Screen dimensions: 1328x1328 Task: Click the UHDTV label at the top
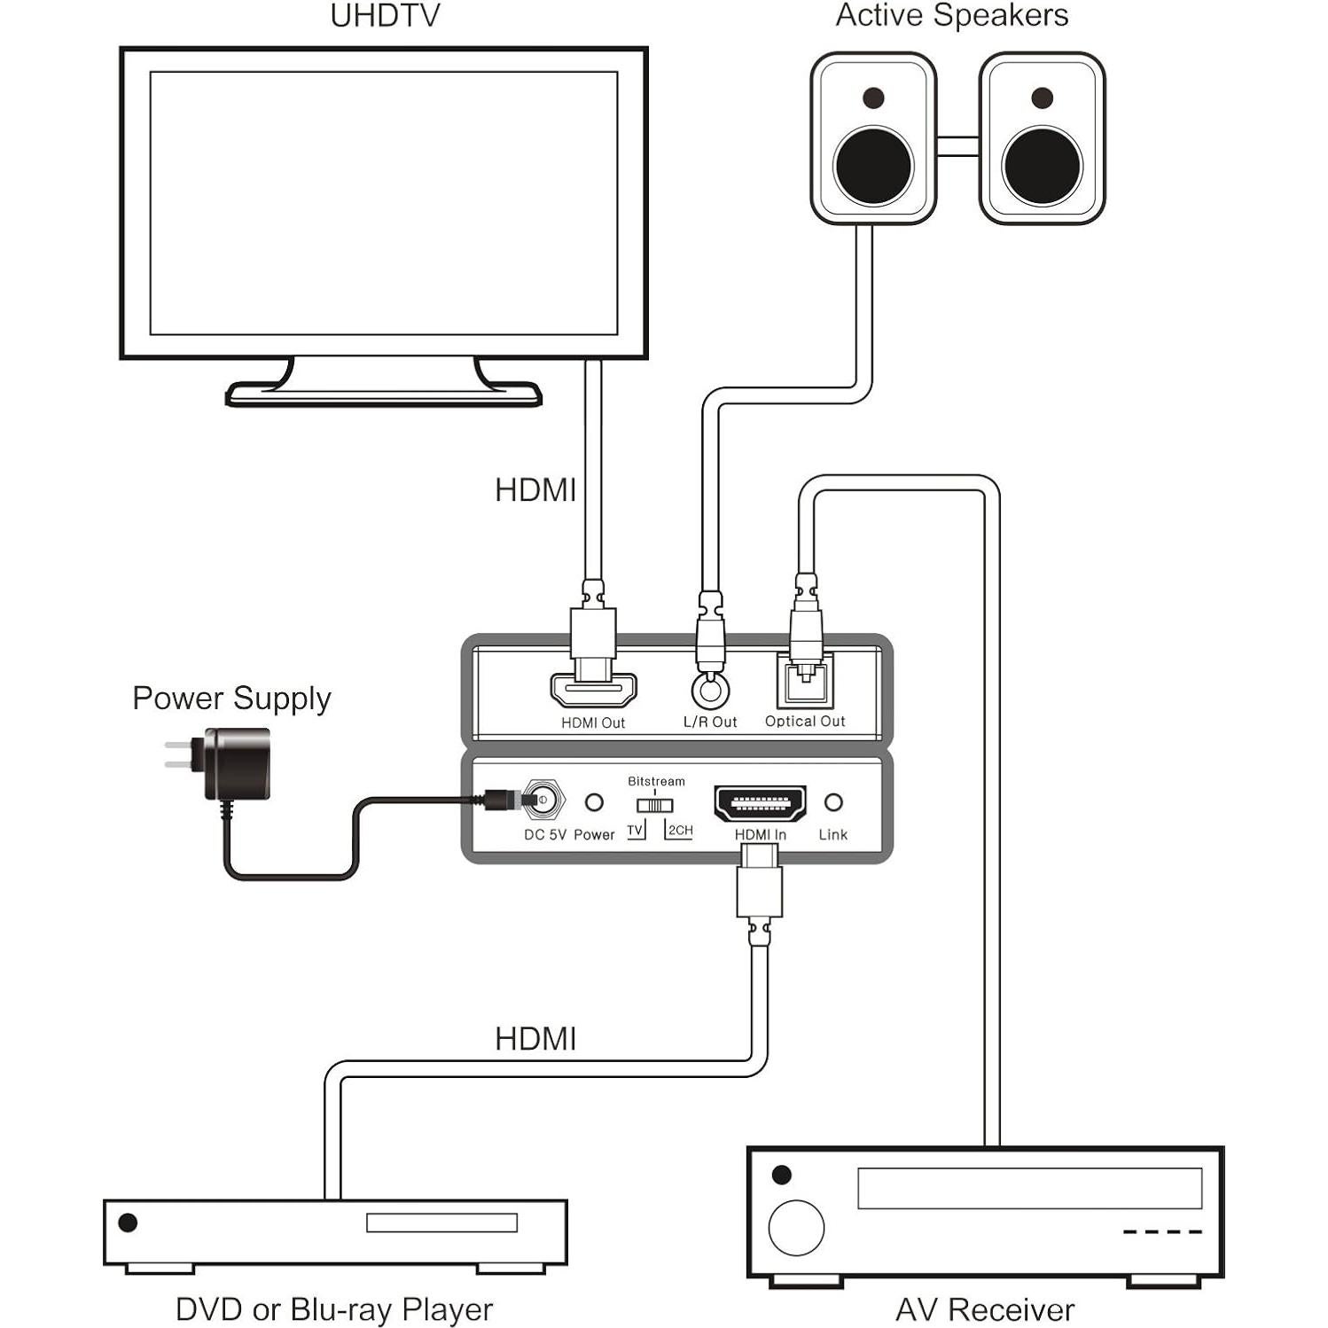click(385, 16)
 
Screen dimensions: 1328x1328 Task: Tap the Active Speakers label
click(951, 16)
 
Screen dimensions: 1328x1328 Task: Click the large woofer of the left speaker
click(873, 166)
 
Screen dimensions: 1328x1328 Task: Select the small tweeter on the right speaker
click(1043, 98)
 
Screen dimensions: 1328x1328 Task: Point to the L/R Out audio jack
click(710, 689)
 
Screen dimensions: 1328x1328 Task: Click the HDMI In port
click(761, 803)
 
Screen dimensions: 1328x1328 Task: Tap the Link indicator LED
click(833, 803)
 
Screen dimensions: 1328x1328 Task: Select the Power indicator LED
click(594, 803)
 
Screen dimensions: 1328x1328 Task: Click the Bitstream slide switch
click(654, 805)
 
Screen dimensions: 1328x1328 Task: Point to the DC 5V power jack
click(543, 800)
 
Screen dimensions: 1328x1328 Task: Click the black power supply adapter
click(237, 762)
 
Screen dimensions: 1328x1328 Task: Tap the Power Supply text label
click(231, 699)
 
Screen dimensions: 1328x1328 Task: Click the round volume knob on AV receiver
click(796, 1228)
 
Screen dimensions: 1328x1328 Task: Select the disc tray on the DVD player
click(441, 1223)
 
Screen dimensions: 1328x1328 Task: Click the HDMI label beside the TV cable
click(535, 490)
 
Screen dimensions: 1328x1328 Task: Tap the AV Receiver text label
click(985, 1309)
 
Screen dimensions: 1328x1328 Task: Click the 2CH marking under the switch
click(680, 831)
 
